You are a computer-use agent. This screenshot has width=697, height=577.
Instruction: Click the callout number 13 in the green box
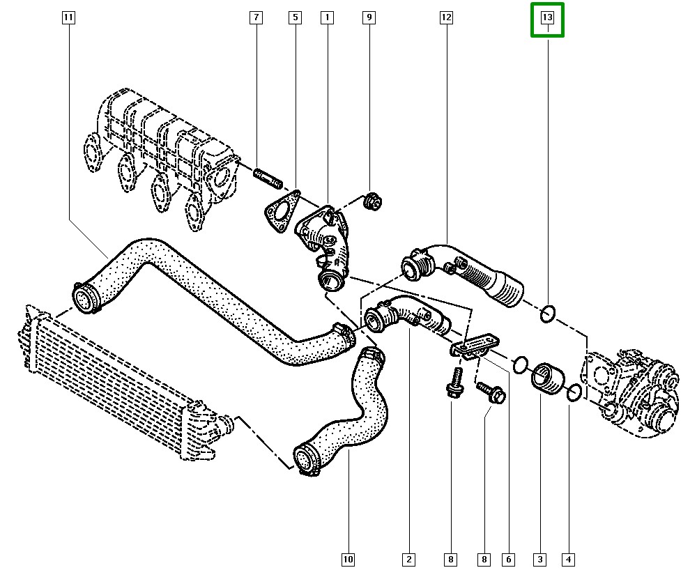(547, 18)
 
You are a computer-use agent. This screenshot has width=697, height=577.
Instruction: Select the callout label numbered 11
(68, 18)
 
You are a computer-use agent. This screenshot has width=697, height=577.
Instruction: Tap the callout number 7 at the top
(256, 18)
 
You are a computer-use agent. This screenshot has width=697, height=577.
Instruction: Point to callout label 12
(446, 18)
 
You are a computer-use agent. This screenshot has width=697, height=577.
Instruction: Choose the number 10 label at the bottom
(348, 559)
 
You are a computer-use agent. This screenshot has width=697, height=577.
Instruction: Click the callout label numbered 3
(540, 559)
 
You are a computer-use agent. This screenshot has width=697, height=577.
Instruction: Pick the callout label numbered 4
(569, 559)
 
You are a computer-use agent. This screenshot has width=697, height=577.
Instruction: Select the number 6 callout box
(509, 559)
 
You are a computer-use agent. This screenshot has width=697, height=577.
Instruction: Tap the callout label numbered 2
(408, 559)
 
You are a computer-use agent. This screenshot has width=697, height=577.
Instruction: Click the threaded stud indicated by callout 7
(268, 178)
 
